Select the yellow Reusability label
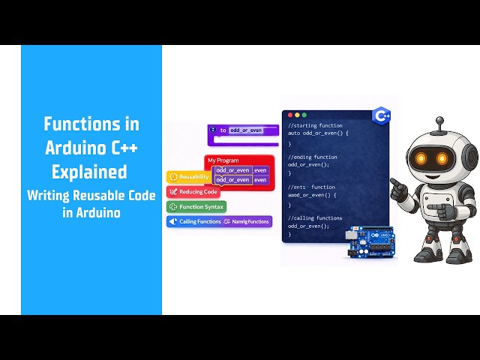[x=188, y=177]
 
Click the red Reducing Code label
[x=193, y=192]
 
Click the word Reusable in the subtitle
[x=100, y=195]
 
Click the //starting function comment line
[x=315, y=126]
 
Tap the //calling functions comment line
[x=315, y=217]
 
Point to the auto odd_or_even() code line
[x=319, y=133]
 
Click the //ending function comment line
[x=313, y=157]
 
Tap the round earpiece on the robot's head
[x=470, y=157]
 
